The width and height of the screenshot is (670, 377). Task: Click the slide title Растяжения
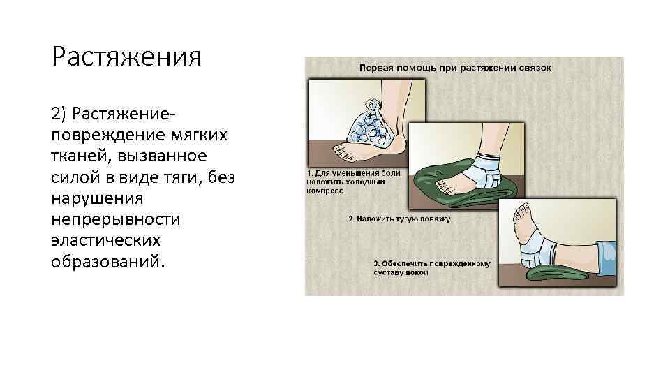point(126,57)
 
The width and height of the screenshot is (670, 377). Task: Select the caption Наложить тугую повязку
point(400,219)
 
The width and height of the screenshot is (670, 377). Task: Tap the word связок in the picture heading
point(535,68)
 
